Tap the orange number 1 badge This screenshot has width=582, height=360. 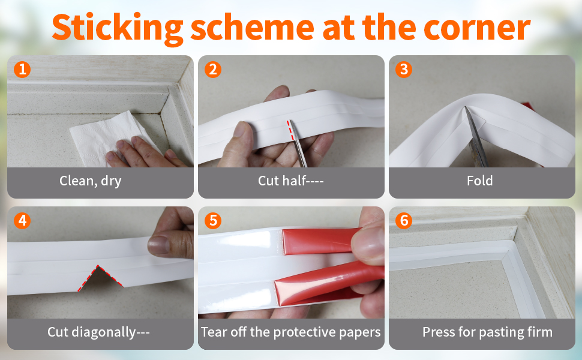coord(22,70)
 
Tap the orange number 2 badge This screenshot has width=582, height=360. coord(212,70)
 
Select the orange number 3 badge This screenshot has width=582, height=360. coord(403,70)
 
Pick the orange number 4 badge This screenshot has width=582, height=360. coord(22,220)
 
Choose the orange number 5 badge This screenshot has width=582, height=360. coord(212,220)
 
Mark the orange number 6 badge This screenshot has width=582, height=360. coord(403,220)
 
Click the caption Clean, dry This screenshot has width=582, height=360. coord(90,181)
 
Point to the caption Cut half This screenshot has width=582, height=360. coord(290,181)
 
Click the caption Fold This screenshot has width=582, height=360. coord(479,181)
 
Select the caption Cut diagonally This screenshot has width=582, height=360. coord(98,332)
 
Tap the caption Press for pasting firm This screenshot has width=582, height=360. coord(487,332)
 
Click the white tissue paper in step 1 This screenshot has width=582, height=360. coord(96,138)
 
